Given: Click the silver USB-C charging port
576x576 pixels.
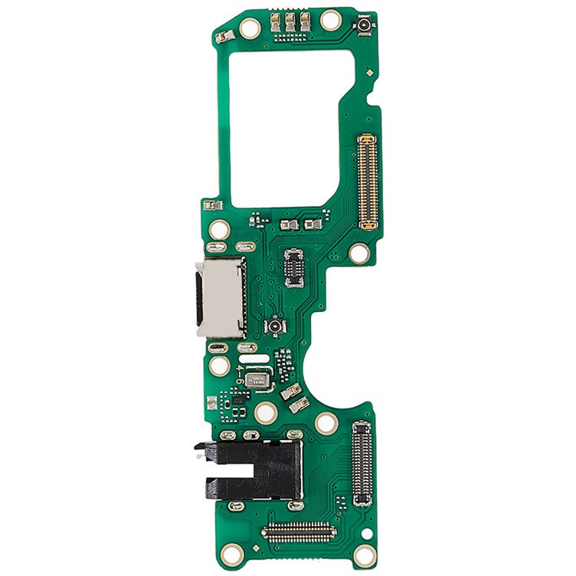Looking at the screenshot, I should (x=221, y=297).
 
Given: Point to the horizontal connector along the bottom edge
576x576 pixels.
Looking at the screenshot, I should (x=300, y=531).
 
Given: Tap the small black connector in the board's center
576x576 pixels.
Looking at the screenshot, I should (x=293, y=266).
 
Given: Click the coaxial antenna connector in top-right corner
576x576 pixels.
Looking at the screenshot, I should (x=363, y=28).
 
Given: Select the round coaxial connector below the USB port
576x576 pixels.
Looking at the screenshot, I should (x=274, y=328).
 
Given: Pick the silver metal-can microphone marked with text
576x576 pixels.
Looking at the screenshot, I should (x=259, y=379).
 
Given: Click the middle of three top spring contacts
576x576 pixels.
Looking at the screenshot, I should (x=290, y=25).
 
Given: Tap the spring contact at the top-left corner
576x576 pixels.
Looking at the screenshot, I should (x=223, y=36).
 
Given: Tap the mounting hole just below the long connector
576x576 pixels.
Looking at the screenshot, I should (x=359, y=252).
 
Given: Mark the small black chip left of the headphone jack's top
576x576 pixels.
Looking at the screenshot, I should (x=237, y=400).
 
